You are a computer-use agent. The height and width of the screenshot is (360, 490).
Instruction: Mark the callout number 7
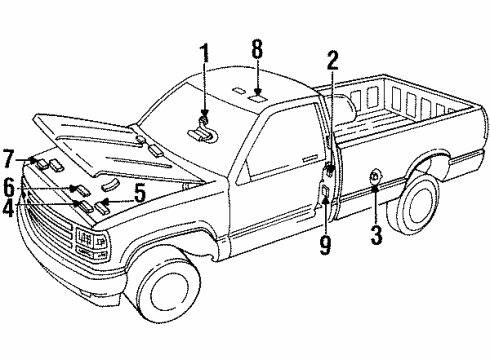pyautogui.click(x=9, y=159)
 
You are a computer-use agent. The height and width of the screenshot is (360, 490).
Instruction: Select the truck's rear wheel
pyautogui.click(x=417, y=214)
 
